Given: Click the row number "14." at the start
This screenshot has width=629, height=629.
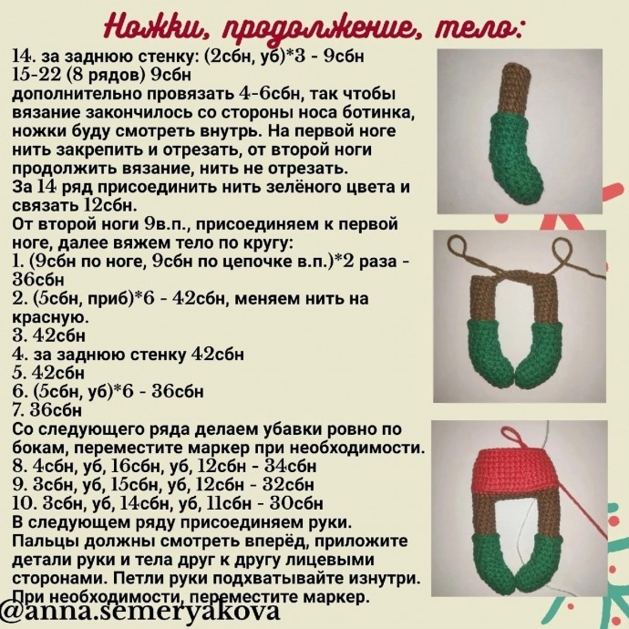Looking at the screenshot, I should [23, 57].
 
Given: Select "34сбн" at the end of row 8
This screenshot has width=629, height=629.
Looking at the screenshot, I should [292, 467].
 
